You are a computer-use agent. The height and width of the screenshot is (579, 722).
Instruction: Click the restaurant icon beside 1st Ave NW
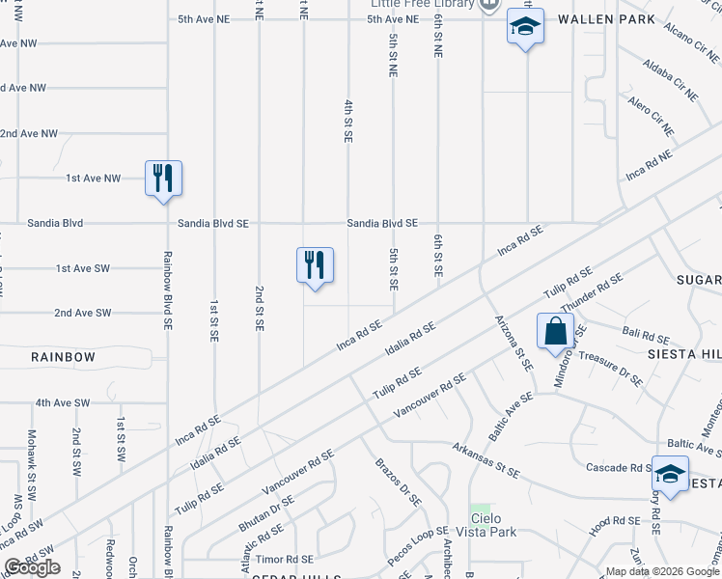[163, 179]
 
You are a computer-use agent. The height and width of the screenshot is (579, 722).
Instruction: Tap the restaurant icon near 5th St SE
[315, 265]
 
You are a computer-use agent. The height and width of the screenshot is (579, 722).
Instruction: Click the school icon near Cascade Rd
[670, 474]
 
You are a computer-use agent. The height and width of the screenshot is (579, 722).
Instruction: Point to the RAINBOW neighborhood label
[63, 357]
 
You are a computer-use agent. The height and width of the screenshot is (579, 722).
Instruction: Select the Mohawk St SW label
[32, 464]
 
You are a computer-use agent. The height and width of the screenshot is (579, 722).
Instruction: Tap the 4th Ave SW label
[62, 402]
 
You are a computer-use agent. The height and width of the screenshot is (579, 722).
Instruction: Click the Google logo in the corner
[32, 566]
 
